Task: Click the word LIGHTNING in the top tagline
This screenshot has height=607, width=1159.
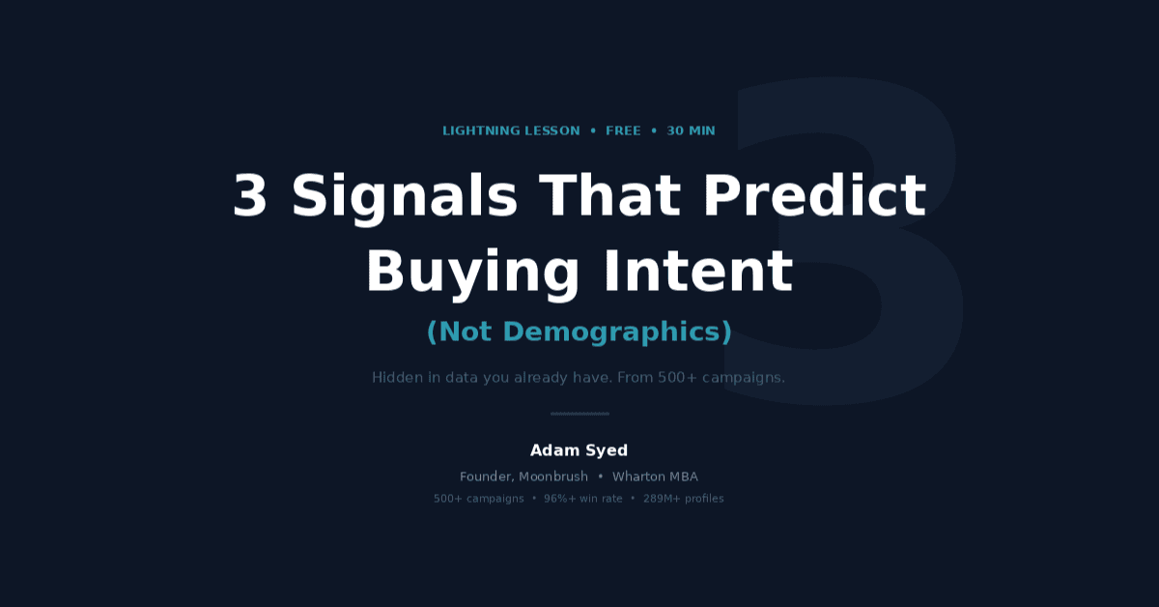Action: [x=481, y=131]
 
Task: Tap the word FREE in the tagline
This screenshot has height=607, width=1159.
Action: [x=623, y=131]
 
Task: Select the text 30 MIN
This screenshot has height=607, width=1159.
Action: [x=691, y=131]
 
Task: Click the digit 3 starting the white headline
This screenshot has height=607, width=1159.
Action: [x=250, y=195]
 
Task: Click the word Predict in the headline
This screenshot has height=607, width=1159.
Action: [x=815, y=194]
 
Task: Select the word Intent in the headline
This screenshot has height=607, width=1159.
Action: [x=698, y=271]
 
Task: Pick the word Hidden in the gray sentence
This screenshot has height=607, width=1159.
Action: [x=397, y=378]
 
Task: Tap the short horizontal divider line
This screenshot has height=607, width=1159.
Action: [x=579, y=414]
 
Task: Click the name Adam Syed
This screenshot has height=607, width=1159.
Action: [x=579, y=450]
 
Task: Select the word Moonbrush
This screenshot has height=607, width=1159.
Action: [x=553, y=477]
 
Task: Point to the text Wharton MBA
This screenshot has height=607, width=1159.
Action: [x=655, y=477]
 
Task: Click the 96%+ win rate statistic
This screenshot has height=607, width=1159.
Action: [x=583, y=498]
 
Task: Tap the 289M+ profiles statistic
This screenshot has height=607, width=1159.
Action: [x=684, y=498]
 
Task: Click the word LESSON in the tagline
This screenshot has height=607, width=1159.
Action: [x=552, y=131]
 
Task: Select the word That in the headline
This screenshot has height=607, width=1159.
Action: [x=610, y=194]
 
